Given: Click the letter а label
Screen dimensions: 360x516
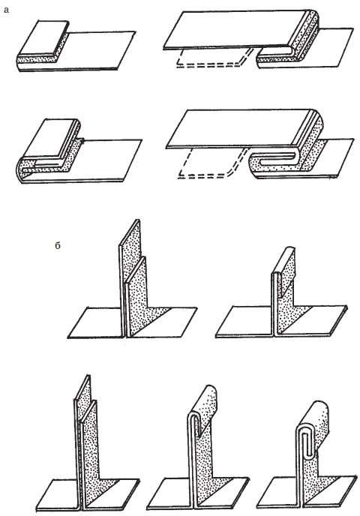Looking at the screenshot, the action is pyautogui.click(x=6, y=10).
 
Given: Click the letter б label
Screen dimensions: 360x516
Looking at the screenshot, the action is pyautogui.click(x=58, y=245).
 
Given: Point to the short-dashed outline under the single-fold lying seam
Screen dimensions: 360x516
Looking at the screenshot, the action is pyautogui.click(x=213, y=61).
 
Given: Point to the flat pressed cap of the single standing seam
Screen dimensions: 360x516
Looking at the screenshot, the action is pyautogui.click(x=284, y=260).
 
